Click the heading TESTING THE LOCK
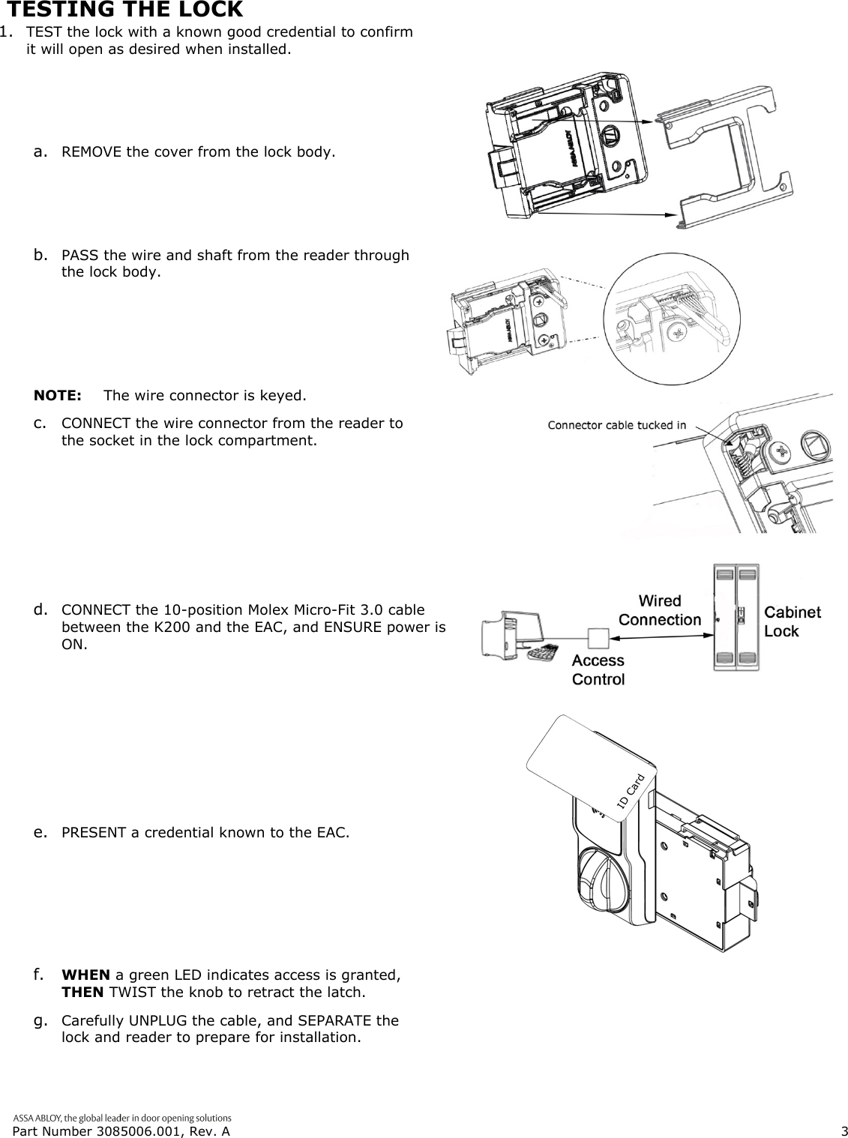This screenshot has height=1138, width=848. pos(124,10)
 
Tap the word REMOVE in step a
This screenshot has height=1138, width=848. pos(91,153)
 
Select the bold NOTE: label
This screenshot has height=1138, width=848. pos(58,395)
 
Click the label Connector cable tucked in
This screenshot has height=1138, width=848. pos(616,426)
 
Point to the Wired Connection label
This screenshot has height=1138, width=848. pos(660,610)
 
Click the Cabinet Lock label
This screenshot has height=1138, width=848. pos(792,621)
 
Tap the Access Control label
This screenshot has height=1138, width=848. pos(598,669)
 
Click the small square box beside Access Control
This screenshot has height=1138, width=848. pos(600,637)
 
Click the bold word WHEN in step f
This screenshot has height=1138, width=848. pos(85,975)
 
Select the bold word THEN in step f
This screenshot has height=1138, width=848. pos(83,993)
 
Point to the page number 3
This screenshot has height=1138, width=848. pos(844,1131)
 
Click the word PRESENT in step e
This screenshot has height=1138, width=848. pos(95,833)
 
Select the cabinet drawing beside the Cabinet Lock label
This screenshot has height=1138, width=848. pos(736,617)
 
